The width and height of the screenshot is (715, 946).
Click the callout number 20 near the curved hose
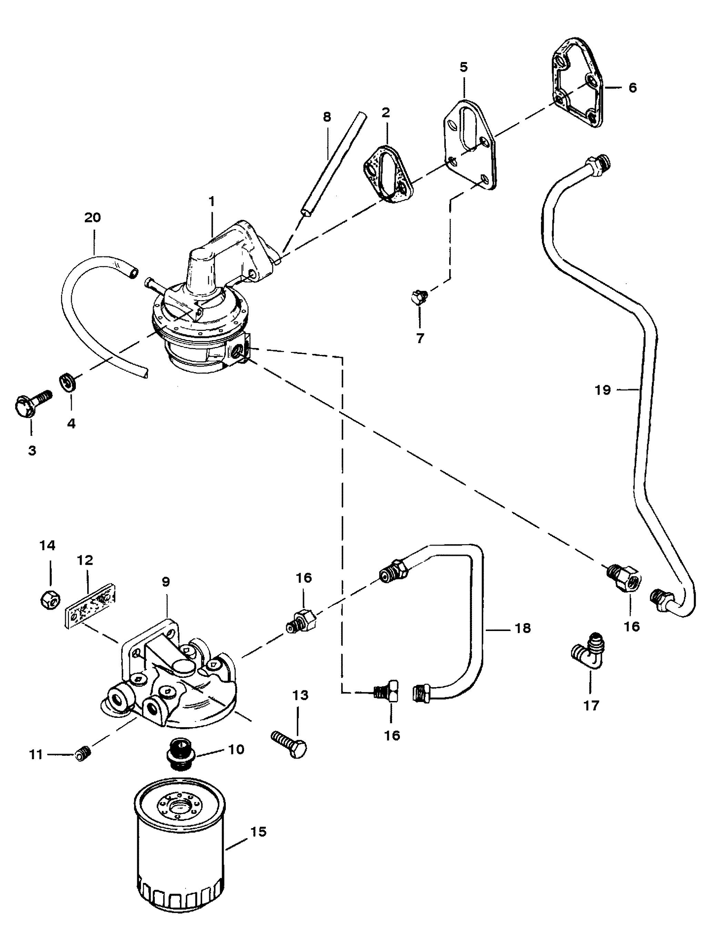92,218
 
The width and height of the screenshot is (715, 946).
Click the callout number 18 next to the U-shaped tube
522,628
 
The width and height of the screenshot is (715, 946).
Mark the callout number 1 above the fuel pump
212,201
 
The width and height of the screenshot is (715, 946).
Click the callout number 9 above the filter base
165,581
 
